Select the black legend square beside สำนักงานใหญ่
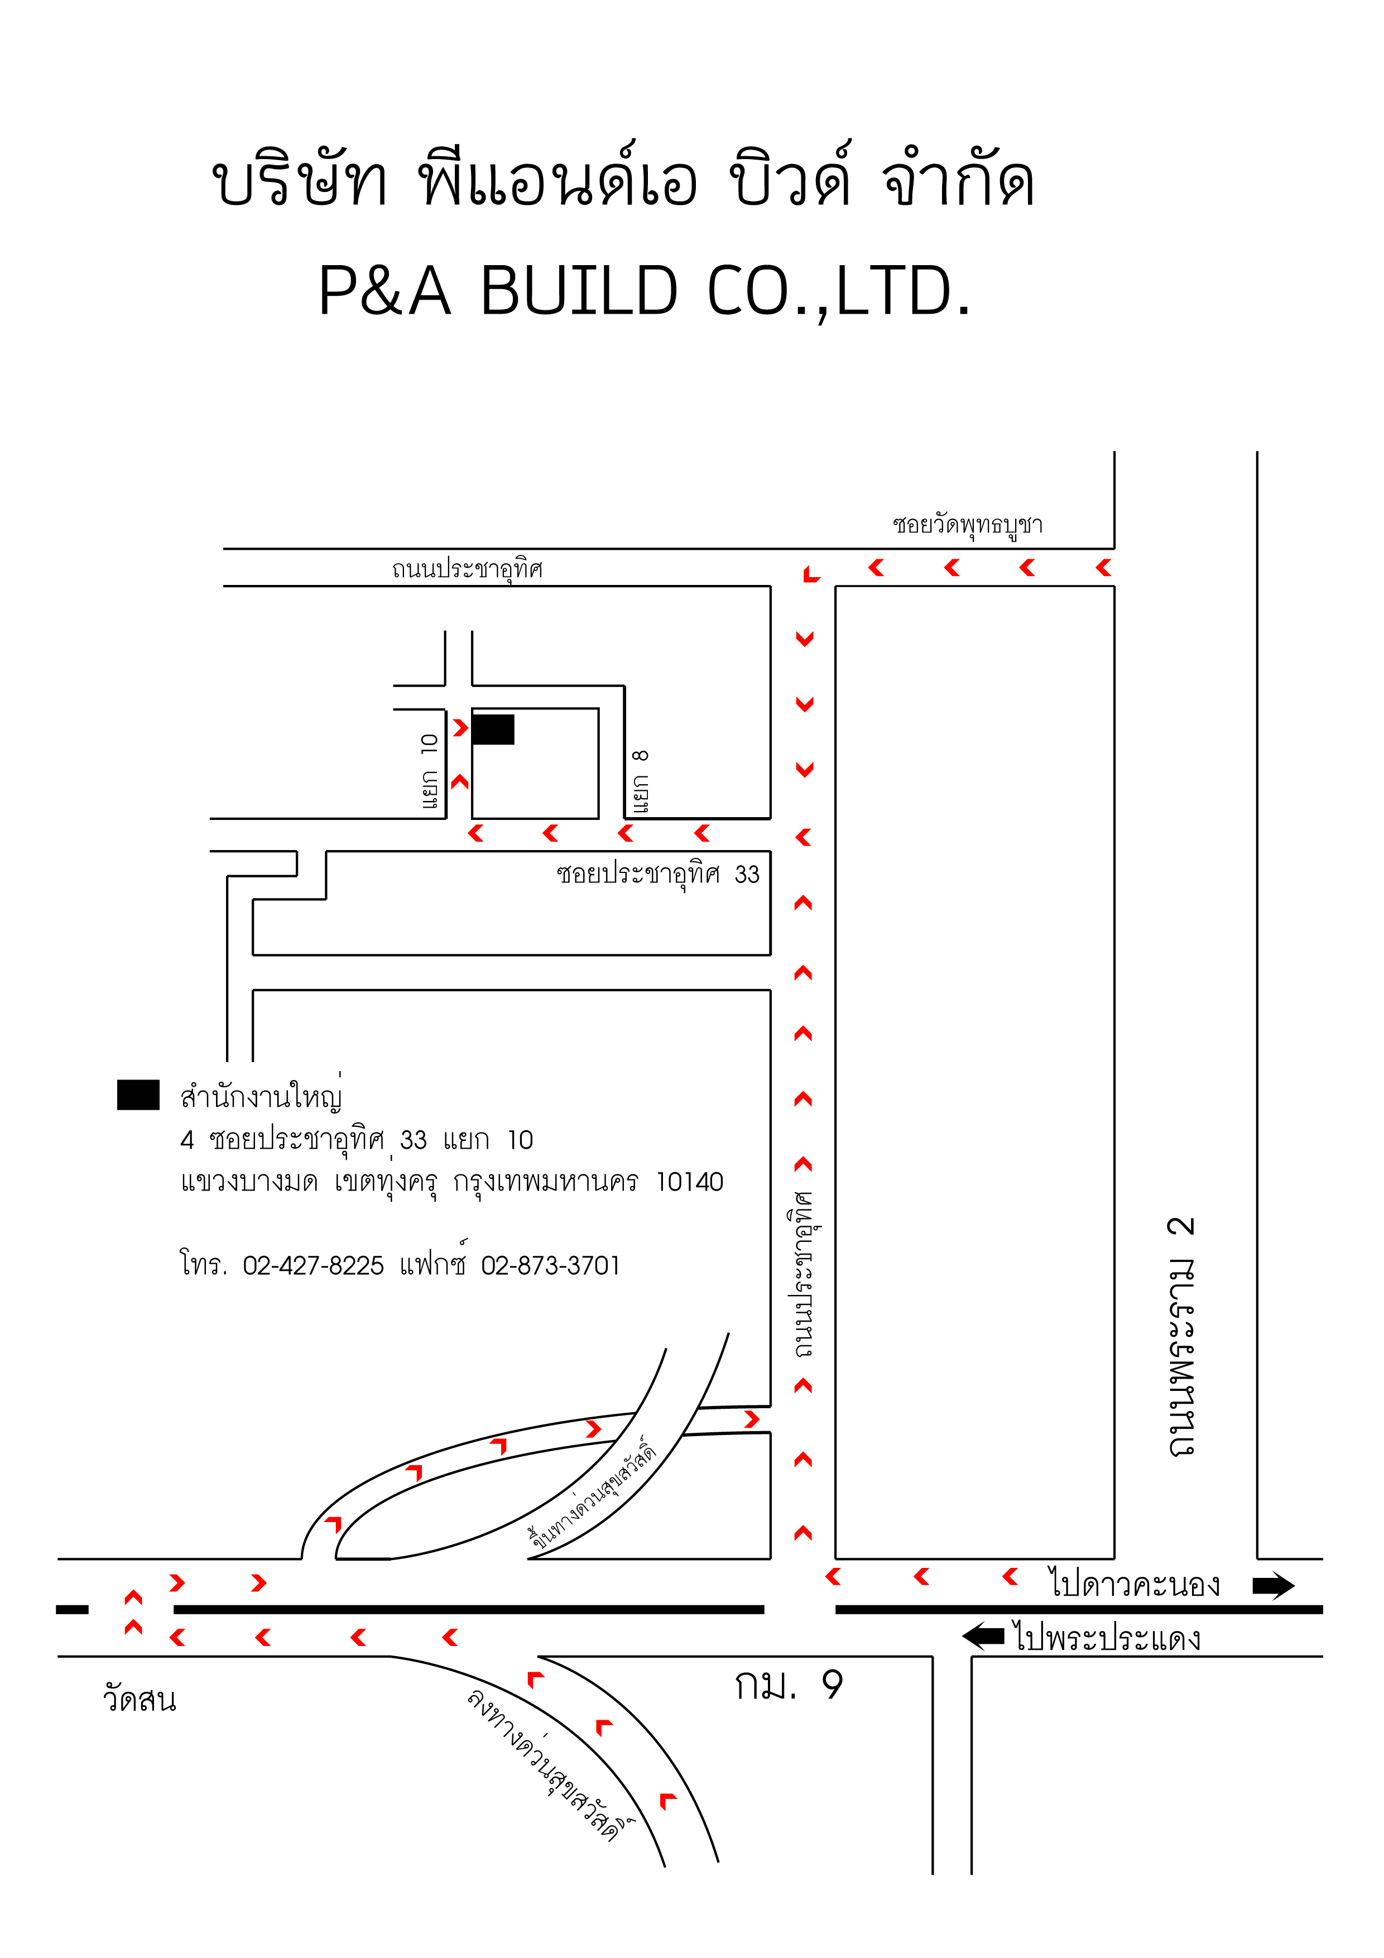tap(138, 1095)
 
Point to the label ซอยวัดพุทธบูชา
tap(968, 525)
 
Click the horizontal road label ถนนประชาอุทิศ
tap(467, 568)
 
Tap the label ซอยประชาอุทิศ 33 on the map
tap(657, 874)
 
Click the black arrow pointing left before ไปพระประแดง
tap(983, 1635)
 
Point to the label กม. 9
tap(789, 1685)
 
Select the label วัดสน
tap(140, 1699)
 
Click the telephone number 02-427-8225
tap(313, 1265)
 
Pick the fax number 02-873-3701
tap(550, 1265)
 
